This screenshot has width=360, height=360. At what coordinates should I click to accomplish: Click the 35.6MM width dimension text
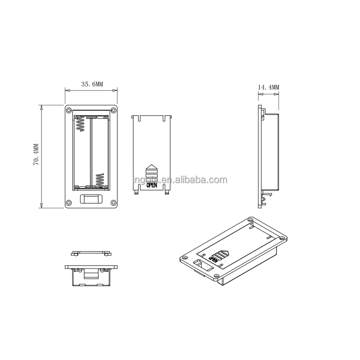pos(92,84)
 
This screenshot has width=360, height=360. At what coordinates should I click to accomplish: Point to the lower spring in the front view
pos(100,180)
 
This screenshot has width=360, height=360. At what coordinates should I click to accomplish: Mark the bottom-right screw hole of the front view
pos(113,202)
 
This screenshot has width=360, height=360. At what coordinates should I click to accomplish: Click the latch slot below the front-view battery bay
pos(91,199)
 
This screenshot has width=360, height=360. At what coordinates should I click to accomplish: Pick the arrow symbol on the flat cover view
pos(152,170)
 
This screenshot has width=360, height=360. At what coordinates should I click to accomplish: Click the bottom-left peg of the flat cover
pos(136,192)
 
